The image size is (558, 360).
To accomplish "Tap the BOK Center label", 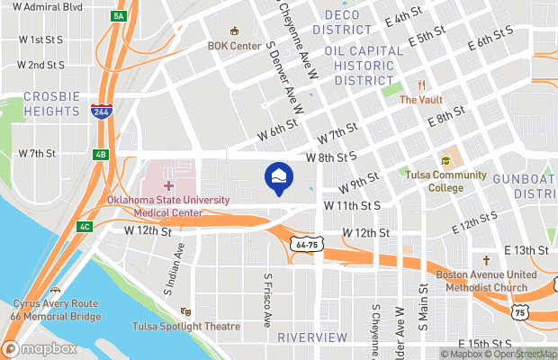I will tap(233, 45).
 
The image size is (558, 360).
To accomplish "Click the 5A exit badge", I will tap(118, 16).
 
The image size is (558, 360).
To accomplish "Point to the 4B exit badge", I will tap(101, 154).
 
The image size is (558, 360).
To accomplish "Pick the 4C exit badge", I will tap(84, 226).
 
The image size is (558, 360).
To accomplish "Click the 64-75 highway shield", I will tap(307, 244).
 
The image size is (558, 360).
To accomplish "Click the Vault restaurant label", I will tap(420, 100).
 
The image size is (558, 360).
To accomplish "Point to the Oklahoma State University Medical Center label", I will tap(168, 206).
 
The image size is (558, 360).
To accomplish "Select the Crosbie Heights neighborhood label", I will tap(52, 103).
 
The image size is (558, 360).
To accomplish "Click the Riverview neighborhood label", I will tap(311, 337).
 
